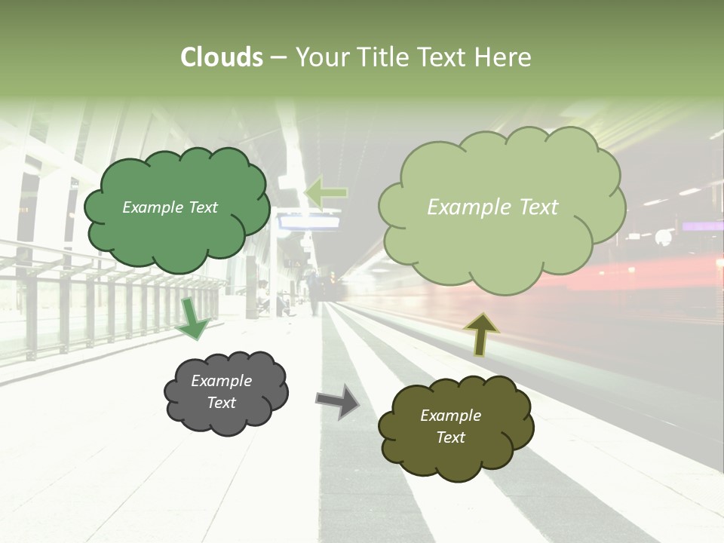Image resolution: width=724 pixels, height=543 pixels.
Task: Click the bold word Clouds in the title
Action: [222, 57]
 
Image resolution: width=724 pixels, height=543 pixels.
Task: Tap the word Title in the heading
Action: [384, 57]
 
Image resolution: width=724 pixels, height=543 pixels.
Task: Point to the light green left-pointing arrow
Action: [326, 192]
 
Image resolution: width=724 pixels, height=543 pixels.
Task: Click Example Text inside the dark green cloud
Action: [170, 207]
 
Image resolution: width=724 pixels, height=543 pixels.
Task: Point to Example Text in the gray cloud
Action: [221, 391]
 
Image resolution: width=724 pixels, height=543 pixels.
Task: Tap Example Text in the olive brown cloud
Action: [450, 426]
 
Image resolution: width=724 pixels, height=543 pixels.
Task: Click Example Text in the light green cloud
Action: [492, 207]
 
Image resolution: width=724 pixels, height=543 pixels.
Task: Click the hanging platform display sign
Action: [309, 222]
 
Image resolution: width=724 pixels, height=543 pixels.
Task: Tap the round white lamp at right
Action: [663, 238]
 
